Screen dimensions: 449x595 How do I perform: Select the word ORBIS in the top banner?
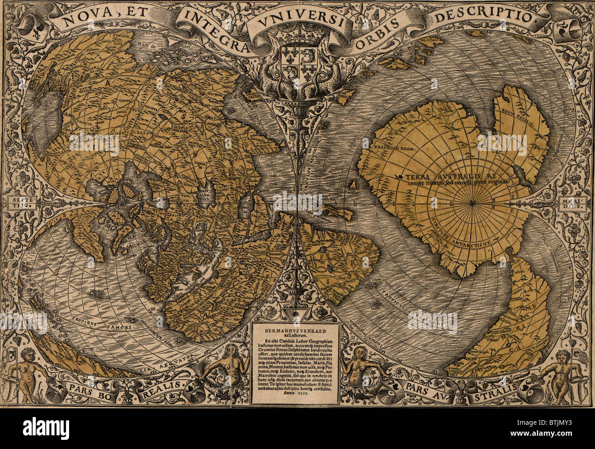click(378, 27)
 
